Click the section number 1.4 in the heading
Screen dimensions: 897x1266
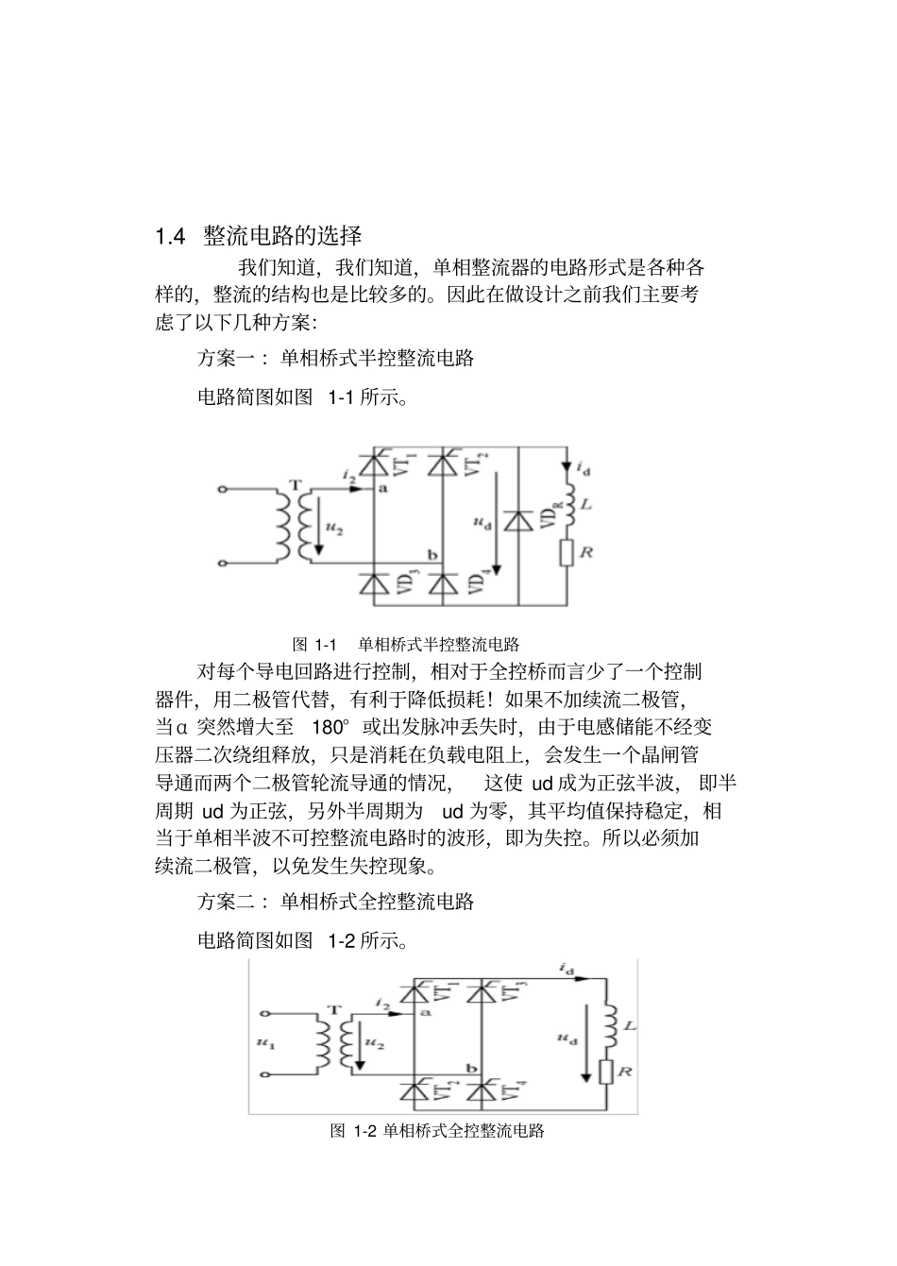click(170, 236)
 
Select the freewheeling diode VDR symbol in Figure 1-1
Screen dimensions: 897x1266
click(517, 520)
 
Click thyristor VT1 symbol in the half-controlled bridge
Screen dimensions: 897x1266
click(376, 465)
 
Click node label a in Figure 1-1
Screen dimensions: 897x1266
click(382, 489)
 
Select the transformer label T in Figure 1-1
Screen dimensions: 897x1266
click(297, 484)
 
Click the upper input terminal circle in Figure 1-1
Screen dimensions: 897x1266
click(223, 490)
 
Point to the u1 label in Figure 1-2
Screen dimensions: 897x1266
click(264, 1043)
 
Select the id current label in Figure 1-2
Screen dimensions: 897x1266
click(567, 969)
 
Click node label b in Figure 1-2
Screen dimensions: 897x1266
click(471, 1070)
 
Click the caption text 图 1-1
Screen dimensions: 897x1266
click(314, 645)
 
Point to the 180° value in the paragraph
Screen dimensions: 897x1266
click(330, 727)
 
